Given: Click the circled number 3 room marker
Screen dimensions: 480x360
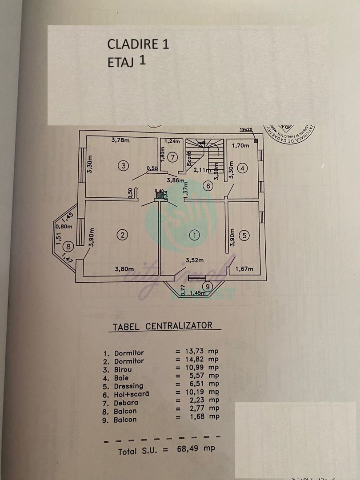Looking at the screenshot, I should point(124,166).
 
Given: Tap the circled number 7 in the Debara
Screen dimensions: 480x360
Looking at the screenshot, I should point(173,157).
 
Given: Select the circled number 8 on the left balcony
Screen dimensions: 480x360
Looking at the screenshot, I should point(68,246).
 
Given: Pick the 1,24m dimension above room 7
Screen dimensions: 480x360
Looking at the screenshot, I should point(173,142).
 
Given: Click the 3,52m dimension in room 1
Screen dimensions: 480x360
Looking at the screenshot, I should point(194,260).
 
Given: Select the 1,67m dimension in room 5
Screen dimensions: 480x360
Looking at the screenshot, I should point(244,269).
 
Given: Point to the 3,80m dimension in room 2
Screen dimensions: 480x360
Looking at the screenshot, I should point(124,268).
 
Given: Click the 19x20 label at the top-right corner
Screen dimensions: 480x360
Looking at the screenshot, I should point(246,129).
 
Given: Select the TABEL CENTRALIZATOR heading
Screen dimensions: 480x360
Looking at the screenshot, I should point(162,326).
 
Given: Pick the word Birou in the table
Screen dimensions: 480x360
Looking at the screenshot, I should point(123,369).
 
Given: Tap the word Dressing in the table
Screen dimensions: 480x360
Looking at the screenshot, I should point(129,386).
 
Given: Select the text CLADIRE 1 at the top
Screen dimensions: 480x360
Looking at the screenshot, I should point(138,44).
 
